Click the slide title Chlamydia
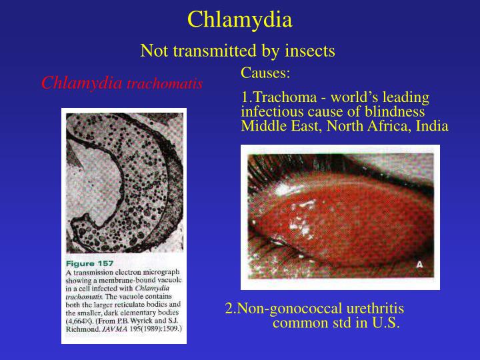(x=239, y=20)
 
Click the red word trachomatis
(x=165, y=84)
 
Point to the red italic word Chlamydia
(x=82, y=83)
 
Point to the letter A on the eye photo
(x=419, y=264)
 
